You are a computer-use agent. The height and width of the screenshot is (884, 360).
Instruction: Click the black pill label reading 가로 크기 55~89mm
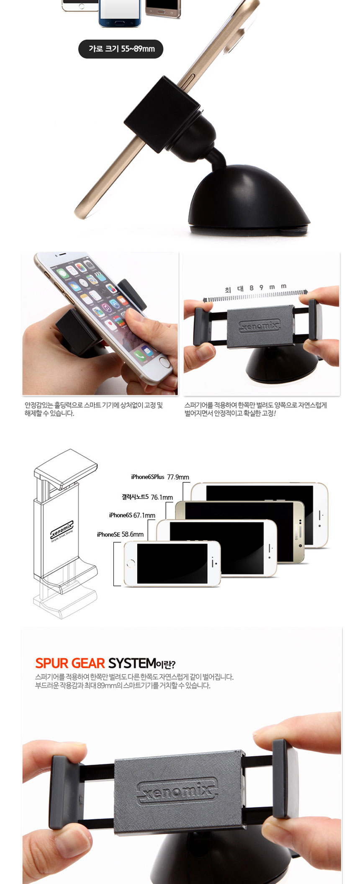(x=121, y=49)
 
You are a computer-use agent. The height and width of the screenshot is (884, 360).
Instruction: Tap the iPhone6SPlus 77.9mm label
(x=160, y=477)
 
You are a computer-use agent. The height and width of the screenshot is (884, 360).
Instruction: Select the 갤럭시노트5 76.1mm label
(x=147, y=497)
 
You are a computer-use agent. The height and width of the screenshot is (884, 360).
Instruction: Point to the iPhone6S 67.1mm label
(x=132, y=515)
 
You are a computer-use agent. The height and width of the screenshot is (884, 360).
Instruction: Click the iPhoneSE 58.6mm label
(x=120, y=534)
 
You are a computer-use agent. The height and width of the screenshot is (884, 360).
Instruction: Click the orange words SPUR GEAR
(x=70, y=663)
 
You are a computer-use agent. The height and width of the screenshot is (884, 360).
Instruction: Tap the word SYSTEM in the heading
(x=132, y=663)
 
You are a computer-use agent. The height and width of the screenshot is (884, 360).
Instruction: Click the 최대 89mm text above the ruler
(x=255, y=288)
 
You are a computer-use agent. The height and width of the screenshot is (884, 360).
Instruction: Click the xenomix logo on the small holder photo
(x=260, y=325)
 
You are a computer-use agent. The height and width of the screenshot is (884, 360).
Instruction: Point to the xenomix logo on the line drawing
(x=62, y=530)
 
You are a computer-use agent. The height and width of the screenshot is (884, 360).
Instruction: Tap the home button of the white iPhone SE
(x=131, y=563)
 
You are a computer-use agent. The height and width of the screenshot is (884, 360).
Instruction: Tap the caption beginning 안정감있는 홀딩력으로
(x=93, y=409)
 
